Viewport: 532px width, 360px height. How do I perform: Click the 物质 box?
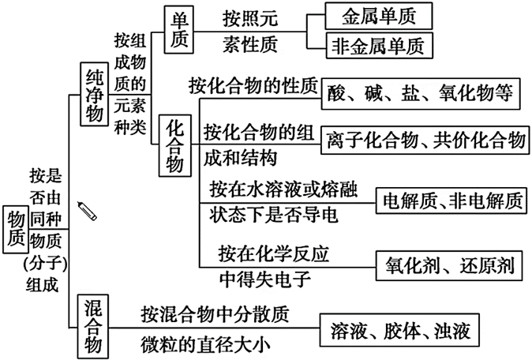[x=15, y=231]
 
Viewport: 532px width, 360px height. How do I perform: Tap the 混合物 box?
[x=93, y=325]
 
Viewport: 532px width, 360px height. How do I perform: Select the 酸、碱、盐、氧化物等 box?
[x=421, y=94]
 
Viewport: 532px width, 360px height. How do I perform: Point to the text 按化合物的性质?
[x=253, y=83]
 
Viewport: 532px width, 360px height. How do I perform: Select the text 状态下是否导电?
[x=274, y=213]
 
